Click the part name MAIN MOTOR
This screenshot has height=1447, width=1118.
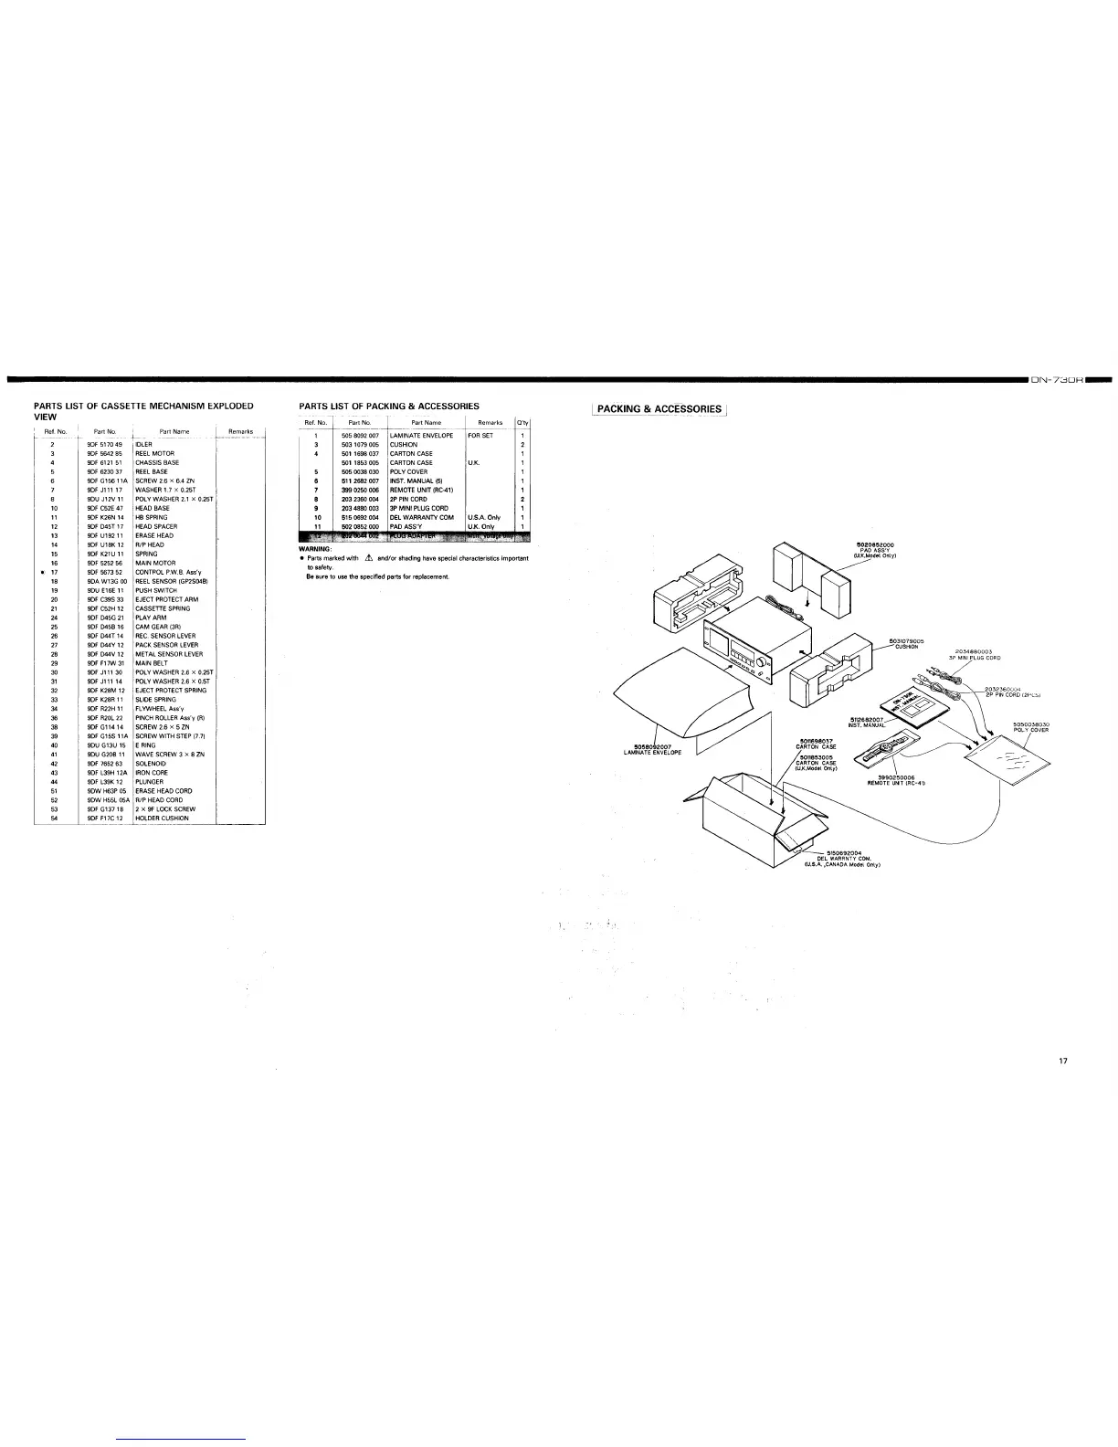coord(155,564)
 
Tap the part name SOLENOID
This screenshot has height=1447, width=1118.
coord(152,764)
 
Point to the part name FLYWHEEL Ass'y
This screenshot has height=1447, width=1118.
coord(159,709)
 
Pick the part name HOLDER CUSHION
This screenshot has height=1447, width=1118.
coord(162,819)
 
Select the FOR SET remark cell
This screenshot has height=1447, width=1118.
coord(480,436)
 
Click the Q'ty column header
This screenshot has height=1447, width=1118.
coord(522,423)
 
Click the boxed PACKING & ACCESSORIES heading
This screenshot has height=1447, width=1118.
coord(659,409)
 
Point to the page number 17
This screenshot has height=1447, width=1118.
coord(1062,1061)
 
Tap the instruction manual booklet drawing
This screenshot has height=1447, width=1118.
coord(903,702)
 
